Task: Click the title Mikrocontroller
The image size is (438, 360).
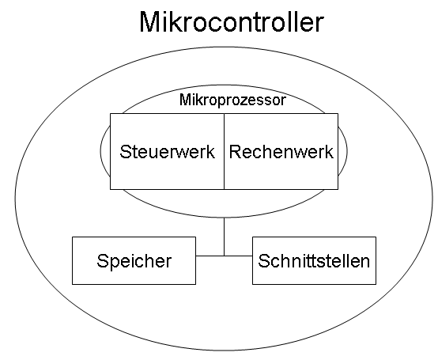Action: [232, 22]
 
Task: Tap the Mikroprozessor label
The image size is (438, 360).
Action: [232, 100]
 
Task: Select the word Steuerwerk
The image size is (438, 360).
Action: [167, 152]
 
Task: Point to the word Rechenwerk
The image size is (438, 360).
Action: [281, 152]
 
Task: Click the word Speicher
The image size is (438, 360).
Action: [134, 261]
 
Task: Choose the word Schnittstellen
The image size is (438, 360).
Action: [314, 261]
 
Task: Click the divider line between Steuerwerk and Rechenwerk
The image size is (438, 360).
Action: [224, 151]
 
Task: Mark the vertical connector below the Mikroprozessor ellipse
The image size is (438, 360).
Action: [224, 237]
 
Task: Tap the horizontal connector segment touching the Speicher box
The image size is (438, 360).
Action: [210, 256]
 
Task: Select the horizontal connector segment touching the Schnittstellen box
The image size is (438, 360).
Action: [238, 256]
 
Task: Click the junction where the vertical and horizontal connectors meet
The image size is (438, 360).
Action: [224, 256]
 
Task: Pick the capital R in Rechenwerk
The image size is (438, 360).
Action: [235, 151]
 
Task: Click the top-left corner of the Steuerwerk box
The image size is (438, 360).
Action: [111, 113]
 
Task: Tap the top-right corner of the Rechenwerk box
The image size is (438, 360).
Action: [338, 113]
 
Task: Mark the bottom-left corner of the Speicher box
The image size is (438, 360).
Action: [73, 284]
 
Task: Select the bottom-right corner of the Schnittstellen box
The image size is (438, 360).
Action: [376, 284]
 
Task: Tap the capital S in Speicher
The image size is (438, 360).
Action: [102, 260]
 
